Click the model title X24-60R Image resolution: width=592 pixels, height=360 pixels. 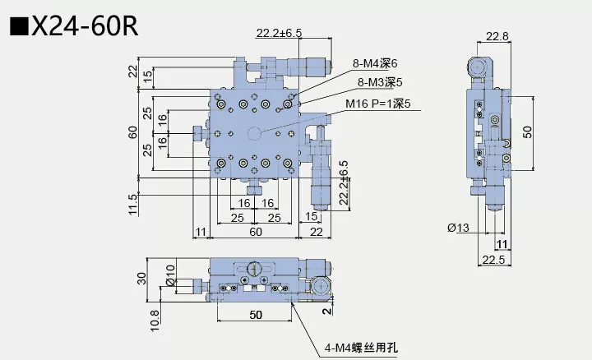coord(83,26)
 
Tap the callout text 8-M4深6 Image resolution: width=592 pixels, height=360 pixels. coord(375,63)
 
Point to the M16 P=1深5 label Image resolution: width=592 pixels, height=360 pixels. coord(378,104)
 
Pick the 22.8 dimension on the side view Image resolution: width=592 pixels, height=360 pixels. coord(497,36)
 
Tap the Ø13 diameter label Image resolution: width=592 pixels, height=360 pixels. coord(459,228)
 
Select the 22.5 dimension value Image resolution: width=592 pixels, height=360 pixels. coord(497,260)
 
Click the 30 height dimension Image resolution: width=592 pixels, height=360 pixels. coord(141,278)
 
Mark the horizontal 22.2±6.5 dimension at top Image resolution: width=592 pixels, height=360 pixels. coord(279,33)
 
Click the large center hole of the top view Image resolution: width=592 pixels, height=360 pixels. coord(256,134)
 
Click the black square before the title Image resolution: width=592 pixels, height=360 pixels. coord(19,26)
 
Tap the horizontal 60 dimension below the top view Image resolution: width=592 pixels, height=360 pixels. coord(256,233)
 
